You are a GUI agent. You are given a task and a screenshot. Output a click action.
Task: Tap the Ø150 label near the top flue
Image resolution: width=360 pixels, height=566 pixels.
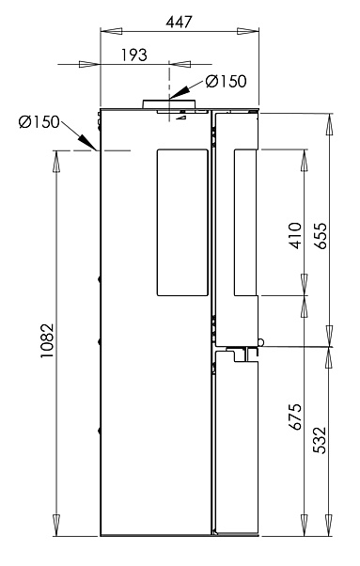(226, 82)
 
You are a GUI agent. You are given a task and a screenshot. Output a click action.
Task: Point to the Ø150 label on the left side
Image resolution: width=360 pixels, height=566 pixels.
(39, 123)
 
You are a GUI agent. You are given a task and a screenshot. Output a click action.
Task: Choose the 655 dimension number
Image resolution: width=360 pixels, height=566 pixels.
(321, 233)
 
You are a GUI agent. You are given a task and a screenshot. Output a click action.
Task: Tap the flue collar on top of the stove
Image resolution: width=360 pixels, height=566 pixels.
(169, 103)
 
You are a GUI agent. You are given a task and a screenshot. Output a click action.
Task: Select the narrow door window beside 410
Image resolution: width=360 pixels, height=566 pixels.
(245, 221)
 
